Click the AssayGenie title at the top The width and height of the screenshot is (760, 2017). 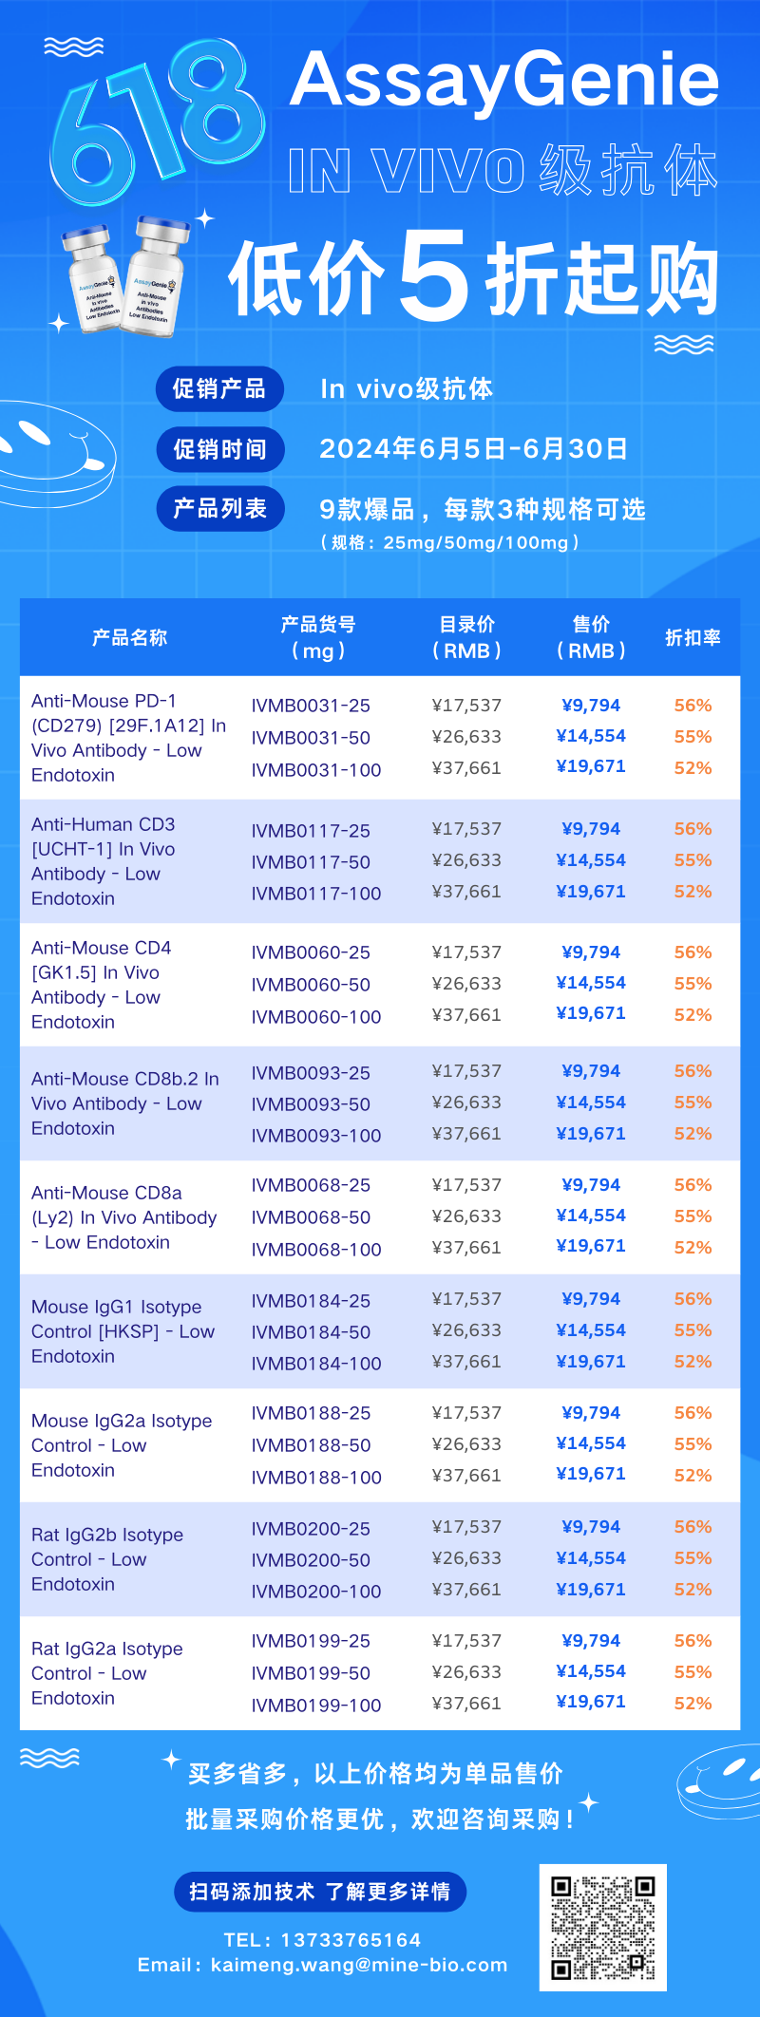pyautogui.click(x=504, y=80)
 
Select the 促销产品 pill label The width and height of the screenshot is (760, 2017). pyautogui.click(x=219, y=388)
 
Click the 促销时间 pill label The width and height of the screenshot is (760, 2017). pyautogui.click(x=219, y=449)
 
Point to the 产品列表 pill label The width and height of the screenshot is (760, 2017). pyautogui.click(x=219, y=509)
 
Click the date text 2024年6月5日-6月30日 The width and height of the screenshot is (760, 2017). pyautogui.click(x=473, y=448)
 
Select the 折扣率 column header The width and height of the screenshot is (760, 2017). pyautogui.click(x=693, y=637)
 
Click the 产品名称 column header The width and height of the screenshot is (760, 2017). pyautogui.click(x=129, y=637)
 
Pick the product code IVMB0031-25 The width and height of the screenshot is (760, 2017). pyautogui.click(x=311, y=706)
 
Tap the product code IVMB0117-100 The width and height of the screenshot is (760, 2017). pyautogui.click(x=316, y=894)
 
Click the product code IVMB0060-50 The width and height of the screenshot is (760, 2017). pyautogui.click(x=311, y=985)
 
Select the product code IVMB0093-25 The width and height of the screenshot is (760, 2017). pyautogui.click(x=311, y=1073)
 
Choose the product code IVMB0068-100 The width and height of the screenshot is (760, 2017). pyautogui.click(x=316, y=1250)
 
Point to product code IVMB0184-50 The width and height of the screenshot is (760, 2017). pyautogui.click(x=311, y=1332)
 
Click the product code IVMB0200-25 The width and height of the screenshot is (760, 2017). pyautogui.click(x=311, y=1529)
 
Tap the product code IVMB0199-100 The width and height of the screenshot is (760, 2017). pyautogui.click(x=316, y=1706)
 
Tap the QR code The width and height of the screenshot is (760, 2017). pyautogui.click(x=603, y=1928)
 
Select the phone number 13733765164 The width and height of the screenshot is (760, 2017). pyautogui.click(x=349, y=1940)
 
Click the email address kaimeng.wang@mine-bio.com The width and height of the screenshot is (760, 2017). pyautogui.click(x=359, y=1965)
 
